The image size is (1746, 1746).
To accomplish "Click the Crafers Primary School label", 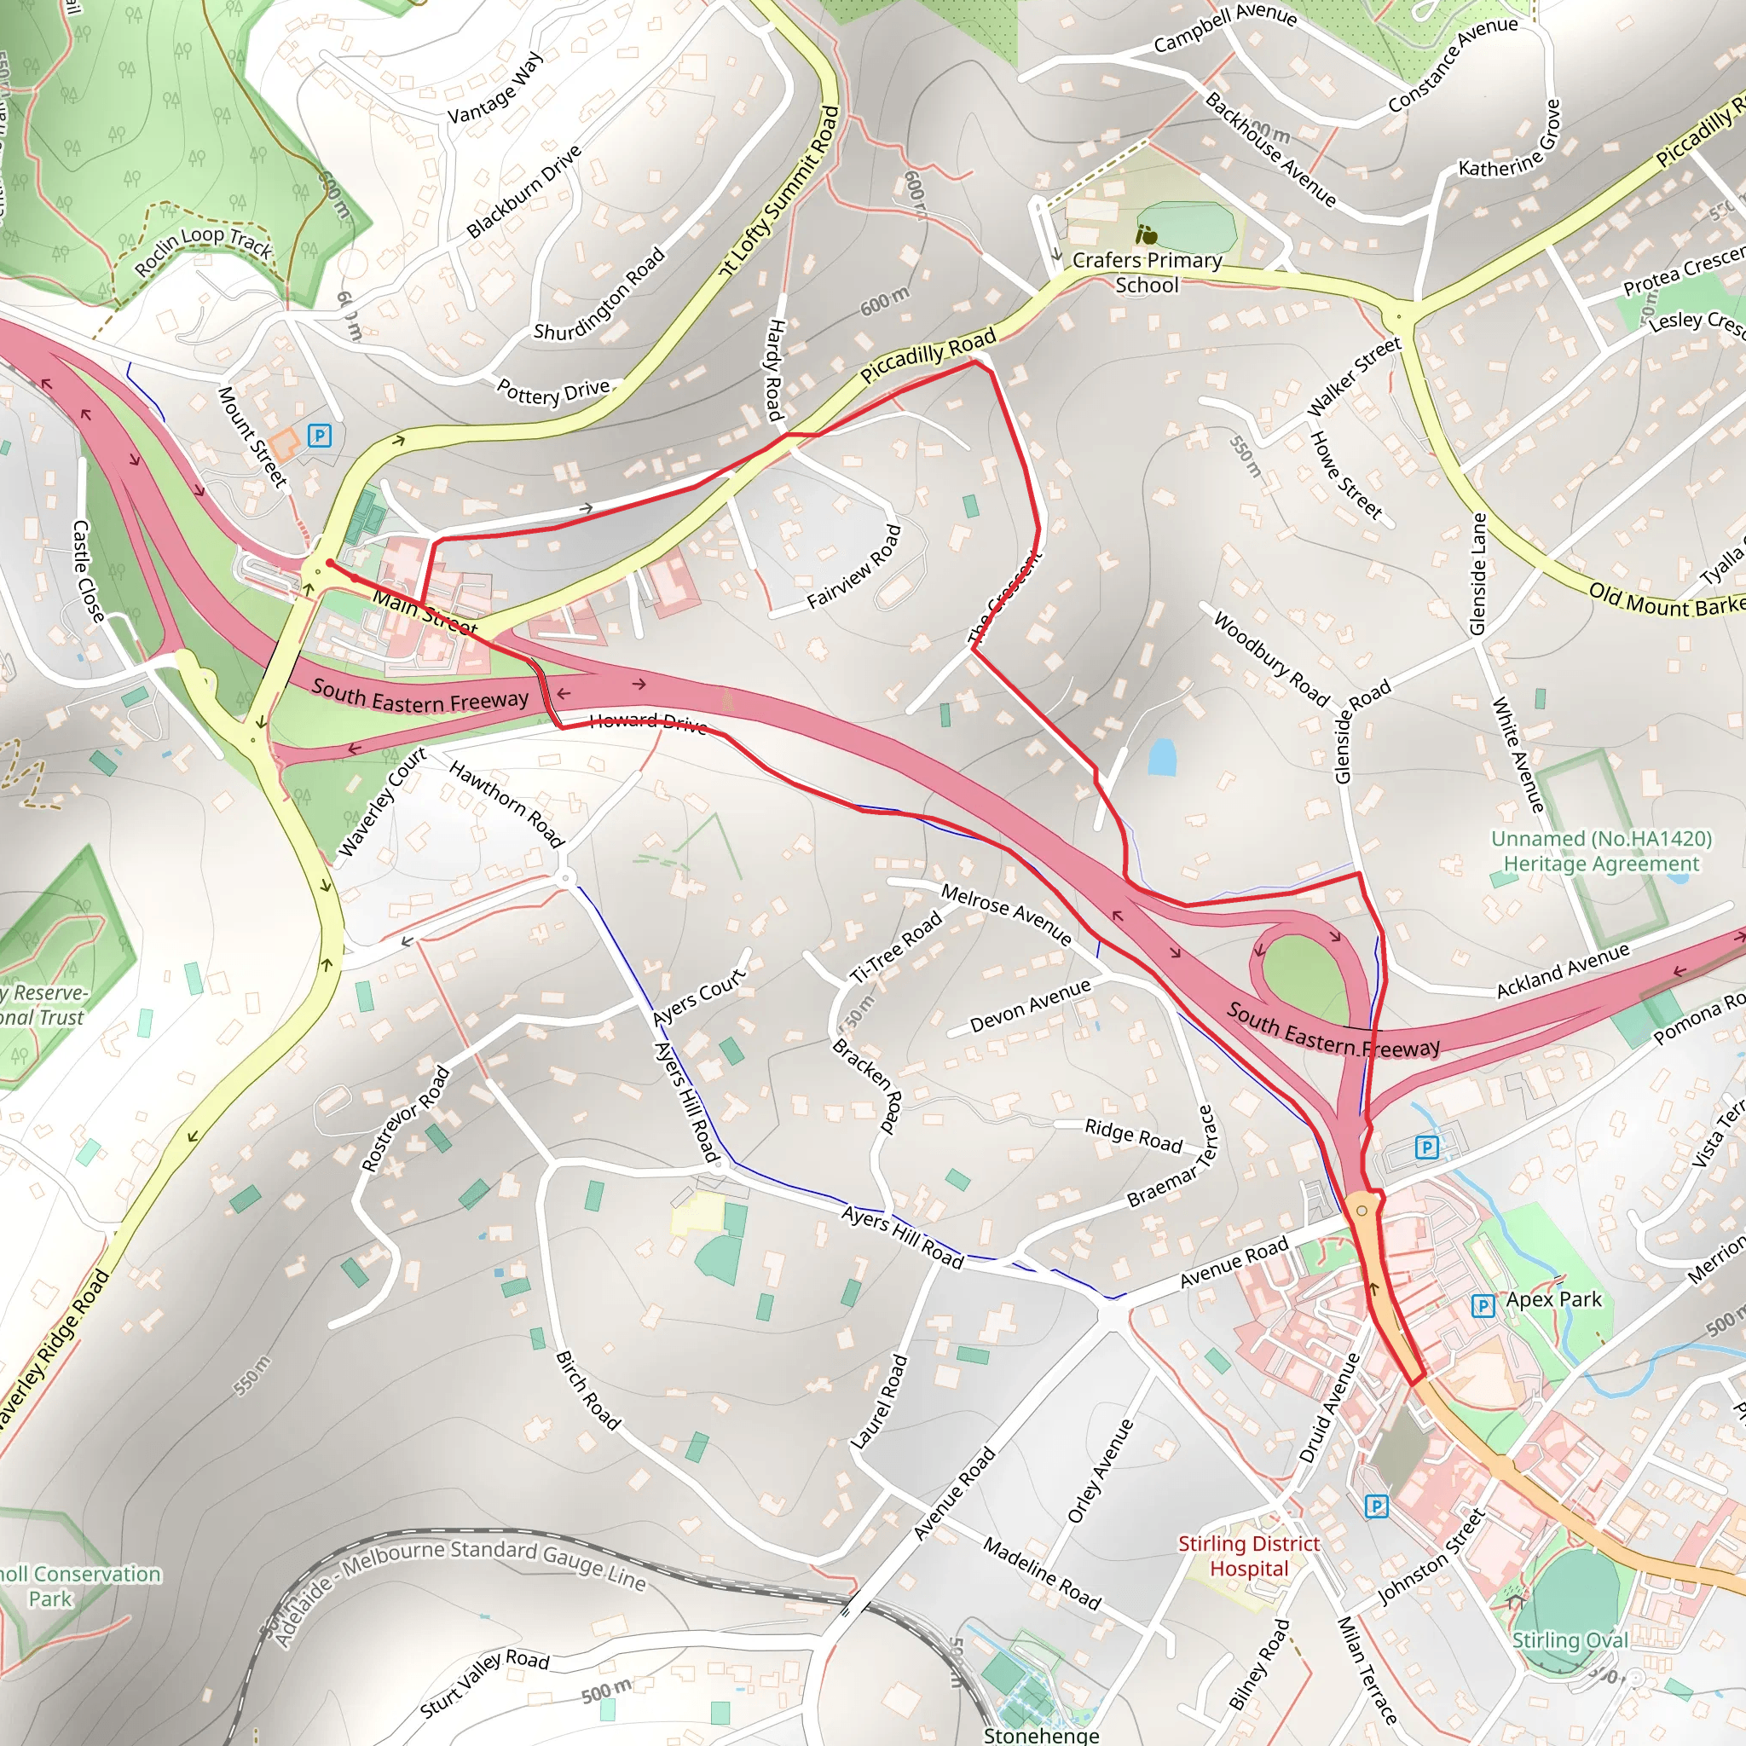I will (1147, 272).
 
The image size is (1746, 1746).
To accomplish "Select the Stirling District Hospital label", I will (1249, 1555).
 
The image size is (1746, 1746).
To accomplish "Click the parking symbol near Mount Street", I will (319, 436).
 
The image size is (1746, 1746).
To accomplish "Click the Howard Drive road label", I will (647, 722).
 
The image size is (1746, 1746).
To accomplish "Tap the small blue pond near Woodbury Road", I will (1161, 757).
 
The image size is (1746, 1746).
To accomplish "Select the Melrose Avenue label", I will (1006, 914).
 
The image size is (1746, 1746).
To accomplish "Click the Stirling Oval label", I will (1570, 1639).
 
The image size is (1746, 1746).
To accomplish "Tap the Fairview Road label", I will (855, 567).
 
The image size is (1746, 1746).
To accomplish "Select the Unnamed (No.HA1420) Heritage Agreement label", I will (1600, 850).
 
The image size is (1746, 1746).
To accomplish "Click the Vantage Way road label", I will (496, 88).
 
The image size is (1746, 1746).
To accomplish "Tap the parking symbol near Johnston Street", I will (1375, 1506).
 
